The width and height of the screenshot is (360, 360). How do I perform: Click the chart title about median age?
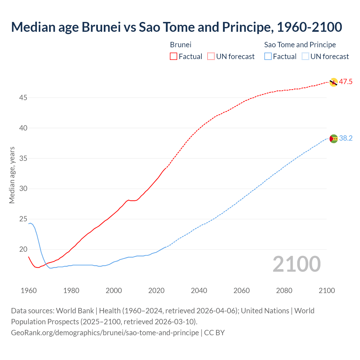click(x=176, y=27)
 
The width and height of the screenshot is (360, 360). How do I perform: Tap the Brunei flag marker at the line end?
click(x=333, y=82)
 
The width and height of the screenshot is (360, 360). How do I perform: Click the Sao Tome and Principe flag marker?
click(x=333, y=139)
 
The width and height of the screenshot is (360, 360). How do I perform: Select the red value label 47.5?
click(x=345, y=82)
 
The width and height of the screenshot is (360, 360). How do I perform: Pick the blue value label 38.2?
click(x=346, y=138)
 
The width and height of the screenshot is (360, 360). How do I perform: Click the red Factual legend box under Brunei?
click(x=174, y=57)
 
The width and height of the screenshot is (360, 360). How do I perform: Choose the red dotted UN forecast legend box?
click(x=211, y=57)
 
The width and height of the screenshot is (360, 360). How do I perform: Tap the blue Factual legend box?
click(x=268, y=57)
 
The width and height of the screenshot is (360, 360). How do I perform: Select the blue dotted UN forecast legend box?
click(x=305, y=57)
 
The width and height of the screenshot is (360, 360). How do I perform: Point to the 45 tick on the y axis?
click(x=23, y=98)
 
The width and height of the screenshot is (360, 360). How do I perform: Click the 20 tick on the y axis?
click(x=23, y=249)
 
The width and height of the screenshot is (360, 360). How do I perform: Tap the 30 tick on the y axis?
click(x=23, y=188)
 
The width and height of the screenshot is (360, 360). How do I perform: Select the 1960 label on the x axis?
click(x=29, y=291)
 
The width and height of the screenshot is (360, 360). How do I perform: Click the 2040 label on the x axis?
click(x=199, y=291)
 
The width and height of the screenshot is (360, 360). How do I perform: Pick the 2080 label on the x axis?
click(x=284, y=291)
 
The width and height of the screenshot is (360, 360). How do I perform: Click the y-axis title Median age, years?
click(x=12, y=175)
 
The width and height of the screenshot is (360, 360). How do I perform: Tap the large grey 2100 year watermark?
click(x=296, y=264)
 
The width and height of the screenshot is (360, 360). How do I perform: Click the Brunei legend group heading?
click(x=181, y=45)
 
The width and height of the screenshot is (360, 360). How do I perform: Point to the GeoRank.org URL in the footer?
click(x=105, y=333)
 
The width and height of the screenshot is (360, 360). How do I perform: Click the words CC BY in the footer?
click(x=214, y=333)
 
